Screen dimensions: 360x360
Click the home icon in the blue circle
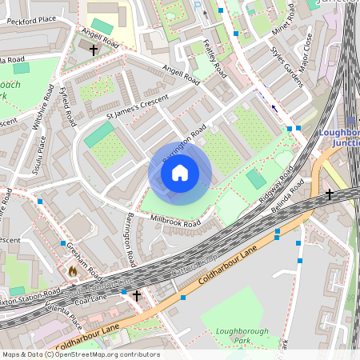tap(180, 172)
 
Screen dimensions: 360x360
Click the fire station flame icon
tap(73, 271)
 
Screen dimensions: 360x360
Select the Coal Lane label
tap(92, 298)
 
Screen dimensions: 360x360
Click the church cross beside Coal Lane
tap(137, 295)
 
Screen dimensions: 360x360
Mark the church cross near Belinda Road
tap(329, 194)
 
